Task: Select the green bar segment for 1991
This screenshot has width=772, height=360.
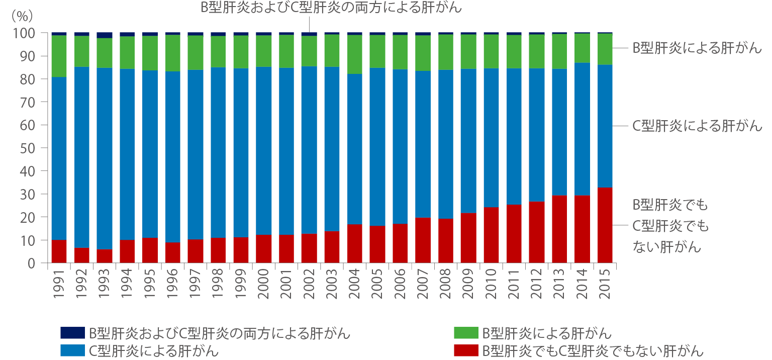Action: point(59,56)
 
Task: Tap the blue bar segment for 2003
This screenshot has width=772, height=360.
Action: point(332,149)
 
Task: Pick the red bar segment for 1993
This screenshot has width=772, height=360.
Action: point(105,256)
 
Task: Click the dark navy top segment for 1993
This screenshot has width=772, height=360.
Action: point(105,35)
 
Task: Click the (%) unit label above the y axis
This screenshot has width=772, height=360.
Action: point(22,15)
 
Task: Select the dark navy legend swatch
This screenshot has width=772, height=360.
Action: point(72,333)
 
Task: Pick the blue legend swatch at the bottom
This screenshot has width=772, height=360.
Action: point(72,350)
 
